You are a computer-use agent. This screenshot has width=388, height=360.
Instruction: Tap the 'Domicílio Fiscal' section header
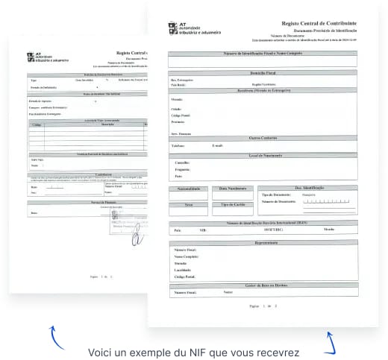tap(262, 72)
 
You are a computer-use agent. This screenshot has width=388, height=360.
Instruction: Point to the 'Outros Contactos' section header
tap(262, 138)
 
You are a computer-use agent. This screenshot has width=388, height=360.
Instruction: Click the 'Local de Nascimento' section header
tap(262, 155)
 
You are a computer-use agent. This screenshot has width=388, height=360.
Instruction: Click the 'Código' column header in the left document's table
tap(37, 125)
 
